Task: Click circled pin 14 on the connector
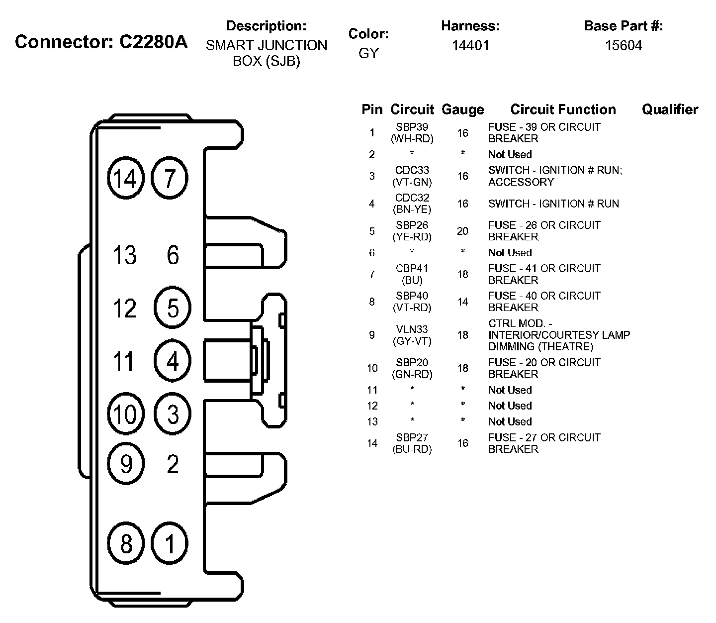pos(125,178)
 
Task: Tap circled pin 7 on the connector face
pos(170,178)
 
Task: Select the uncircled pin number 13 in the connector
pos(125,255)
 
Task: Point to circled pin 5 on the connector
pos(173,308)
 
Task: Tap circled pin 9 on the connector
pos(126,464)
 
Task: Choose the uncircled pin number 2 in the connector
pos(173,464)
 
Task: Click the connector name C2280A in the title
pos(154,42)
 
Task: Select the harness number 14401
pos(470,46)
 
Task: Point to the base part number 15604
pos(624,46)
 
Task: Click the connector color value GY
pos(368,53)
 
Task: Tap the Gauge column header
pos(462,109)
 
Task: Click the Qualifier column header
pos(670,109)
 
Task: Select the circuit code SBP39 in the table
pos(412,127)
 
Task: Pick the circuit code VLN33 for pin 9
pos(412,329)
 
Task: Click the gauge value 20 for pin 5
pos(462,231)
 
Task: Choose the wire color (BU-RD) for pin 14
pos(412,449)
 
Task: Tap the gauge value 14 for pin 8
pos(462,302)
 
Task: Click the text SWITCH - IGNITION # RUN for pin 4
pos(553,204)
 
